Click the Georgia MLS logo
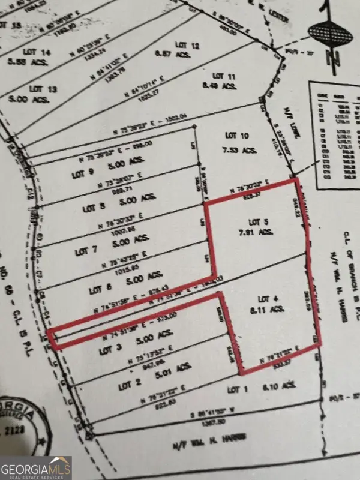[37, 467]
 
